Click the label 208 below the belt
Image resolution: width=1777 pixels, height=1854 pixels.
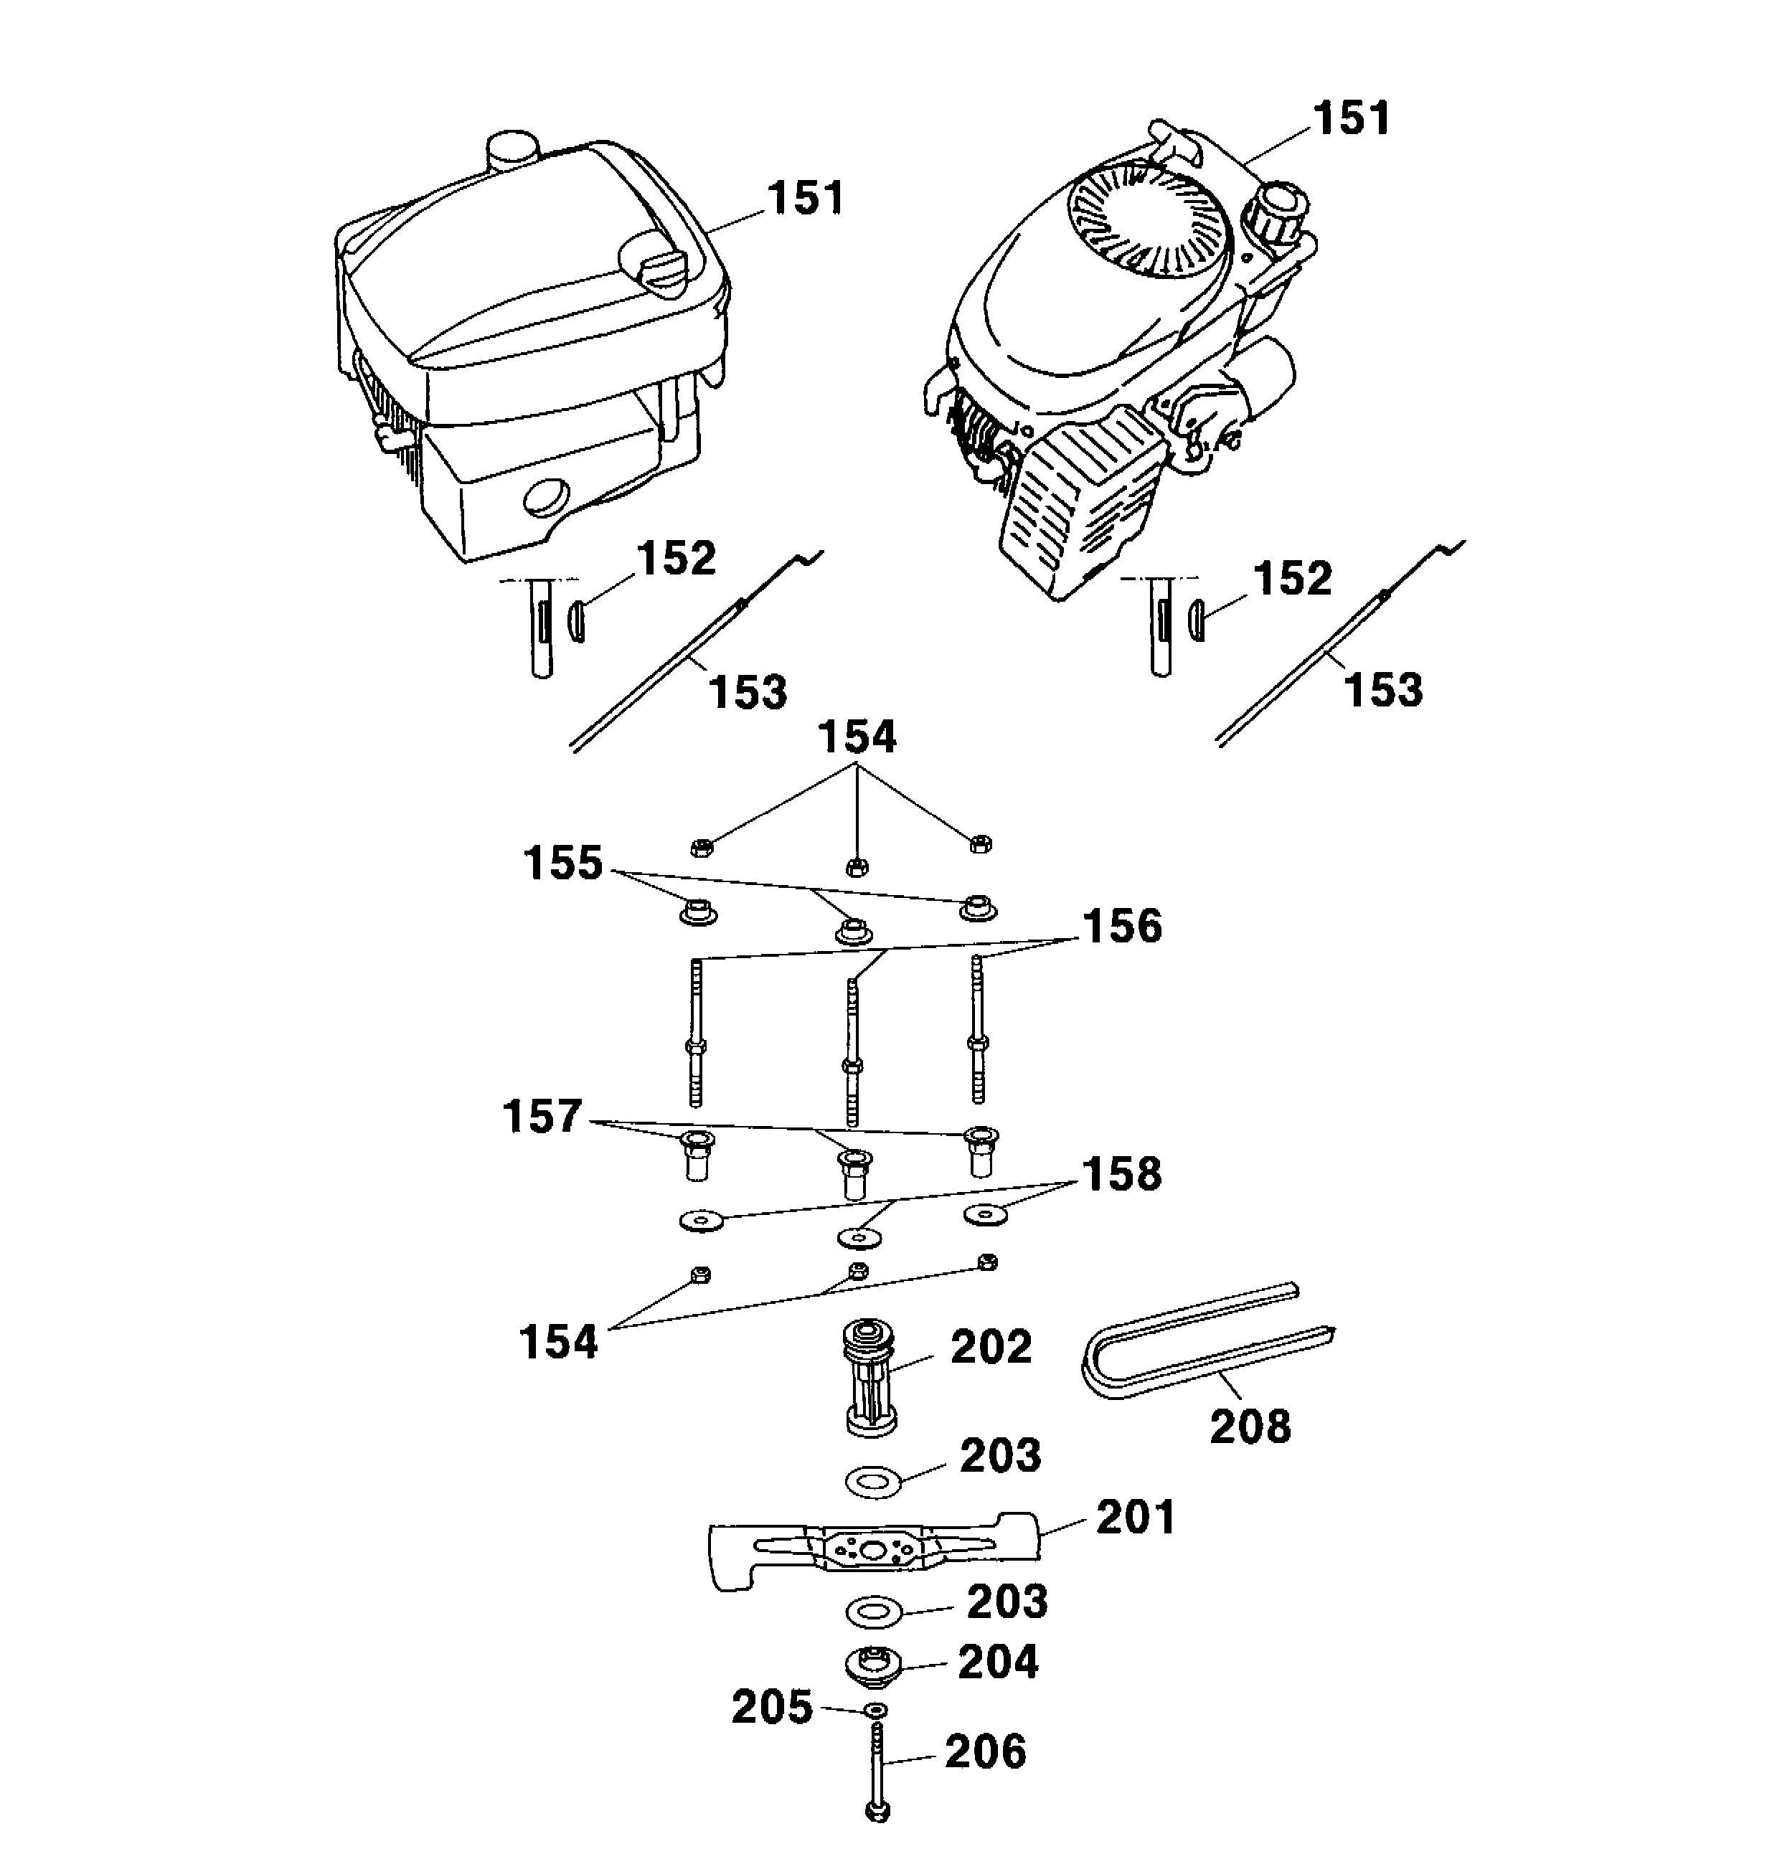tap(1249, 1427)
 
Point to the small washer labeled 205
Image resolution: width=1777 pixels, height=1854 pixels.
tap(876, 1711)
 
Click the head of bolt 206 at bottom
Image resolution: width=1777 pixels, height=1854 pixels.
tap(877, 1810)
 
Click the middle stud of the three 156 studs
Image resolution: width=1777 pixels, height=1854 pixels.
tap(852, 1050)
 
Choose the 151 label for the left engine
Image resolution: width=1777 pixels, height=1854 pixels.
tap(804, 199)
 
